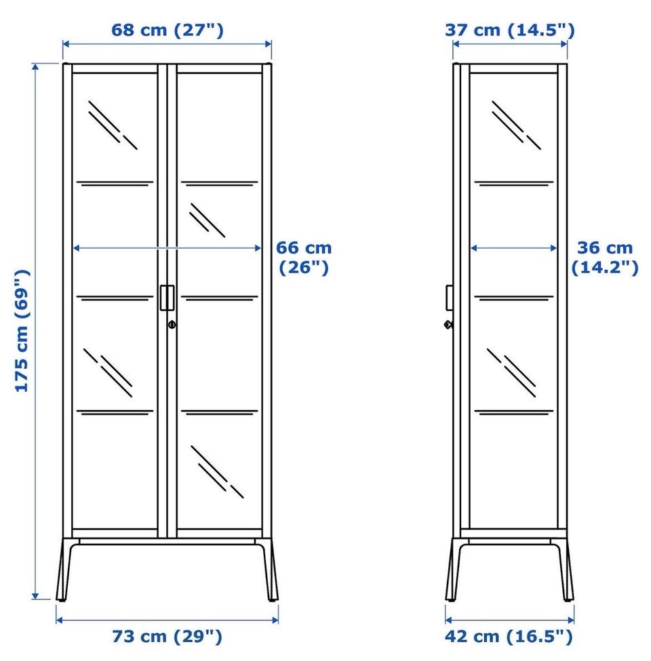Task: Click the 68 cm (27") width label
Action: coord(167,31)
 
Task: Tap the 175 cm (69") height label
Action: coord(22,331)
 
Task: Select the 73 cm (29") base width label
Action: coord(167,636)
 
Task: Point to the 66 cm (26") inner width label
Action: coord(304,258)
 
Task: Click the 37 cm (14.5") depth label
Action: coord(510,31)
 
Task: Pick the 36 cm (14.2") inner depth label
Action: coord(605,258)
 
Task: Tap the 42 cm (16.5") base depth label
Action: coord(509,636)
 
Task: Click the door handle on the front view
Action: coord(167,298)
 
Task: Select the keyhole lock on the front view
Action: coord(172,325)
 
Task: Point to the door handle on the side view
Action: coord(450,298)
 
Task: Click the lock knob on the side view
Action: coord(449,325)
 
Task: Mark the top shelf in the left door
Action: coord(115,184)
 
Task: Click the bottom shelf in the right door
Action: coord(219,412)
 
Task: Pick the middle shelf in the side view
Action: coord(514,298)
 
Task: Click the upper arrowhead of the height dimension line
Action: coord(35,67)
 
